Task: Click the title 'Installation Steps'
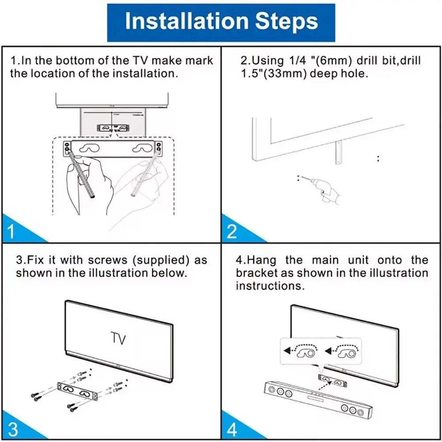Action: pos(221,22)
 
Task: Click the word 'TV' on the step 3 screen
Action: pos(118,339)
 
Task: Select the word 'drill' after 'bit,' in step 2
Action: pos(408,61)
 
